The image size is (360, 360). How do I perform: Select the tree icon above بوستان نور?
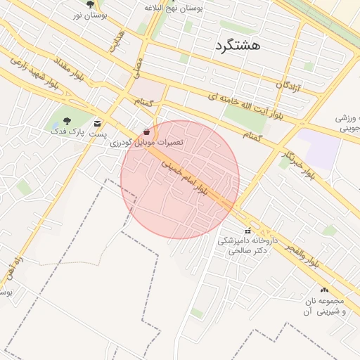(x=90, y=4)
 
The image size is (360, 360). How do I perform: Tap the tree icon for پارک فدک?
(x=67, y=121)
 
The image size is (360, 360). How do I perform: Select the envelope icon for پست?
(x=97, y=122)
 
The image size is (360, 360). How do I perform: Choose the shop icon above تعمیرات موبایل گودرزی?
(x=146, y=131)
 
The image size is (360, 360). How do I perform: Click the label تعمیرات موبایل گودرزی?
(x=150, y=142)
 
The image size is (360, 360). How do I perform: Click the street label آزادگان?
(x=288, y=87)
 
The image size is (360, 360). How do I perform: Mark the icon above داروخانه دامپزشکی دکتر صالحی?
(x=247, y=231)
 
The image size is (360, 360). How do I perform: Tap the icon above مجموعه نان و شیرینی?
(x=324, y=290)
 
